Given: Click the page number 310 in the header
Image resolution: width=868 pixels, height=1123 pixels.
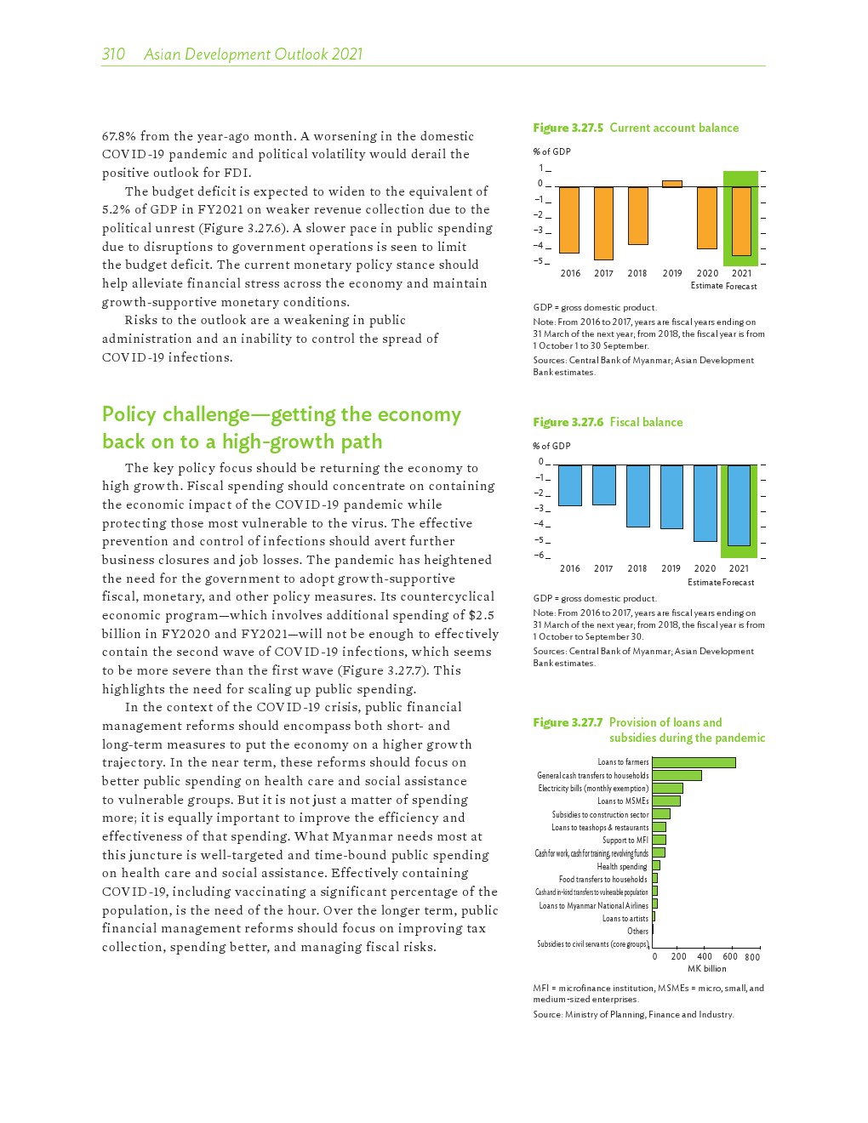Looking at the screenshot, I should coord(113,54).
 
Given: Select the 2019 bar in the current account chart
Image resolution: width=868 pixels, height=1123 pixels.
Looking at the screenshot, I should coord(671,184).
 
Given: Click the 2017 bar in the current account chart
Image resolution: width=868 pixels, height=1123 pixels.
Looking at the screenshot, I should coord(603,223).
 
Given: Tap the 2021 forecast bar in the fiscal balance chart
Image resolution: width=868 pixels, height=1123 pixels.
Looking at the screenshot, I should coord(739,504).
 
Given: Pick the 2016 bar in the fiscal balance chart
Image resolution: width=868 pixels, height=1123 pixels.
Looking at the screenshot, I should coord(570,485).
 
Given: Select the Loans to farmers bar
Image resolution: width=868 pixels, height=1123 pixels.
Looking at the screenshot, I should coord(694,762).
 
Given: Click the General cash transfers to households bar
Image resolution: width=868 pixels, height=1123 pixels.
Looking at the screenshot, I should coord(677,775).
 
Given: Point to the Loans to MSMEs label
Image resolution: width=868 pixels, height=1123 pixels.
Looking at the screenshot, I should coord(623,801).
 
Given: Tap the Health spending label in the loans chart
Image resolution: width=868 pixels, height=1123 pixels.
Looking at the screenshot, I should coord(622,866).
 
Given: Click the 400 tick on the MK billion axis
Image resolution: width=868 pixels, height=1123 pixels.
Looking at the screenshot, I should coord(705,957).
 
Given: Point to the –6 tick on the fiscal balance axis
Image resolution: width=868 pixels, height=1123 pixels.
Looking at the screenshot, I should coord(540,556).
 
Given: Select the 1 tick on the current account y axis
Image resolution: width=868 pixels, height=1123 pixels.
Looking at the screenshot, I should coord(540,168).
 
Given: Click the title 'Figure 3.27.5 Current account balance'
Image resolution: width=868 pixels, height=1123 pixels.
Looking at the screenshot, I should coord(636,128).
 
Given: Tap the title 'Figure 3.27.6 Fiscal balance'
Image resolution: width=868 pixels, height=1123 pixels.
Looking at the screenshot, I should coord(608,422).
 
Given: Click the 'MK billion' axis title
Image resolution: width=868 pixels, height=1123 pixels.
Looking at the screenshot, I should coord(706,968).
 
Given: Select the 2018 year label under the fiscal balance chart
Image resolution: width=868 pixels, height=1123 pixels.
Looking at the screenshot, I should coord(637,568).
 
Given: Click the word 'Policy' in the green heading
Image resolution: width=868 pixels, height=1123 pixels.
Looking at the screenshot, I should coord(129,415).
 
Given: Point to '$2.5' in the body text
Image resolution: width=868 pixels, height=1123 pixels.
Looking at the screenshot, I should coord(481,615).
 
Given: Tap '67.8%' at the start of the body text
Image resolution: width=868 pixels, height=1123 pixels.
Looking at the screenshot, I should coord(118,136).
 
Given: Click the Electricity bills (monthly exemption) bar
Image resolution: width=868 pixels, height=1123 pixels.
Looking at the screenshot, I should coord(667,789).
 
